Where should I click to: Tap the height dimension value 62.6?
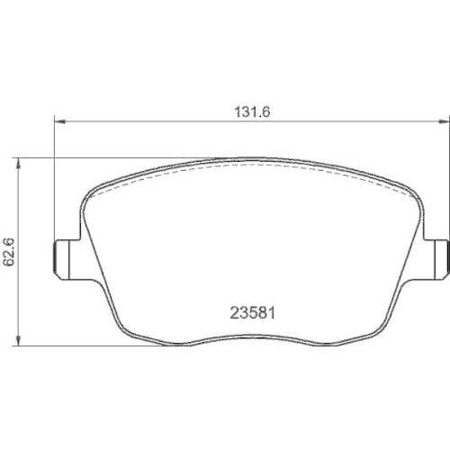(10, 252)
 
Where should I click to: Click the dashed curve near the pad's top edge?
(252, 167)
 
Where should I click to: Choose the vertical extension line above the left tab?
(56, 180)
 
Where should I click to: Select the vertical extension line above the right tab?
(446, 180)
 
